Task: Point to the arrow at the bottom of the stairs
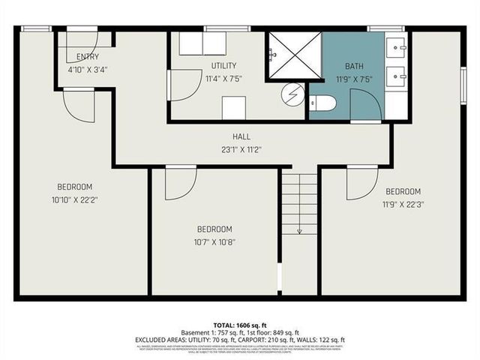(x=299, y=230)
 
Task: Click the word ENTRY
(x=88, y=57)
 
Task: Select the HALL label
(x=240, y=137)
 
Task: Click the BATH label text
(x=354, y=66)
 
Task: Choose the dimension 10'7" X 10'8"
(x=214, y=241)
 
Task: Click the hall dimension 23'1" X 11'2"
(x=240, y=149)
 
